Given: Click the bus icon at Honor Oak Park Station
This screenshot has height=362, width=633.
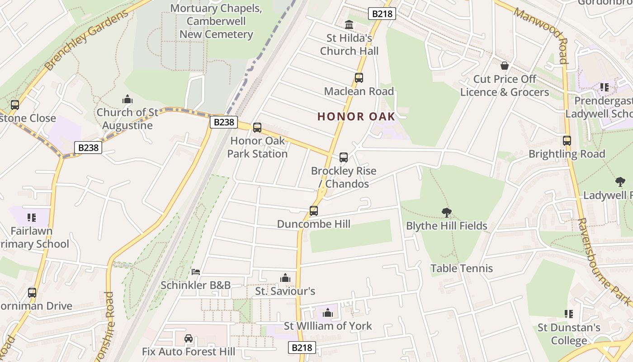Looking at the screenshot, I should tap(257, 128).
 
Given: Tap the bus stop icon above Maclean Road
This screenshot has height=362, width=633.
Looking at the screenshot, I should tap(359, 78).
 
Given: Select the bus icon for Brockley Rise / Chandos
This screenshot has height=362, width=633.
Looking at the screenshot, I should tap(344, 157).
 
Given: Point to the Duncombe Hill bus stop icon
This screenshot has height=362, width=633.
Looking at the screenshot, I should tap(314, 211).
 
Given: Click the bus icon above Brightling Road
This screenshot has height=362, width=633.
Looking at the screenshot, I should tap(567, 141).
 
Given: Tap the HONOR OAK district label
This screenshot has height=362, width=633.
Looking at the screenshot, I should tap(356, 116).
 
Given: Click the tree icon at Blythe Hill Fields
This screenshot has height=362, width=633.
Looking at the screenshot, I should tap(447, 212).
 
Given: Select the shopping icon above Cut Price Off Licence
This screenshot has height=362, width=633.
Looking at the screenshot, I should tap(505, 66).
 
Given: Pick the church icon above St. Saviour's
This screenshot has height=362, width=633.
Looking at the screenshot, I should tap(285, 277).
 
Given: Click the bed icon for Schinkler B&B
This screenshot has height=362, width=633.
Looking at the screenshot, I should tap(196, 272).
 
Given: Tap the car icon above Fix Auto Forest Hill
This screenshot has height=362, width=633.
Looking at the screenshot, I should tap(189, 338).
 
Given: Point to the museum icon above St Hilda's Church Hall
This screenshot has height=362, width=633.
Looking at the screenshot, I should tap(349, 24).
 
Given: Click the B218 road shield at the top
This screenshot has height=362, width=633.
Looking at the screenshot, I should tap(382, 14).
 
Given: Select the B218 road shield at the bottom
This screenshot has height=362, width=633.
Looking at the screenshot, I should tap(302, 348).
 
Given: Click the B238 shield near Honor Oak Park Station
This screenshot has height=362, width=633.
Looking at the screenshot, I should tap(224, 122).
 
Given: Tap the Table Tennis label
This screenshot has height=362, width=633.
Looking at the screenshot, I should tap(462, 268).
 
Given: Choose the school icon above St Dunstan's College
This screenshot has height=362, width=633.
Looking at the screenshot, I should tap(569, 314).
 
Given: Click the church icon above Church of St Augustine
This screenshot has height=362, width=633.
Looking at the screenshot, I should tap(128, 99).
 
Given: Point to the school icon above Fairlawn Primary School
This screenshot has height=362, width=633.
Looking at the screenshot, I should tap(32, 218).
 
